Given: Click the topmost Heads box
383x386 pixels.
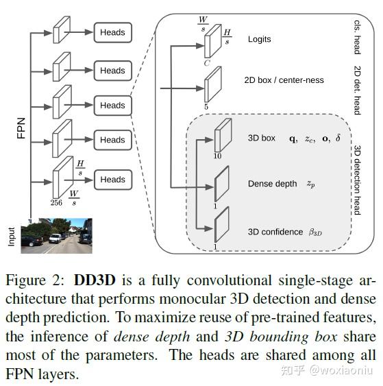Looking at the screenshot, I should click(x=112, y=32).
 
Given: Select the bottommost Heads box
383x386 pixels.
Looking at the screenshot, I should click(x=112, y=180).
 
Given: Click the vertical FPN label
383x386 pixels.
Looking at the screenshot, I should click(x=21, y=125).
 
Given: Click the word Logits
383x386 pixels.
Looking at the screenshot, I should click(x=259, y=39).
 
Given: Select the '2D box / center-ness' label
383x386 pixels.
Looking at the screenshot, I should click(x=284, y=80).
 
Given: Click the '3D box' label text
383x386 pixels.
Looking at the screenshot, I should click(x=261, y=138).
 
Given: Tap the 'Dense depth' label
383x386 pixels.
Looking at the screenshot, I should click(x=272, y=184).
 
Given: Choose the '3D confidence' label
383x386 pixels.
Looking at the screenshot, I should click(x=275, y=232).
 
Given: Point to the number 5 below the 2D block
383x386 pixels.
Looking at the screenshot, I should click(x=206, y=106).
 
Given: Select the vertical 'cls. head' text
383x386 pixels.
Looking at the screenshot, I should click(x=356, y=35).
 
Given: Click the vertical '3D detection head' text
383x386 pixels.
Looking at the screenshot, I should click(x=356, y=180).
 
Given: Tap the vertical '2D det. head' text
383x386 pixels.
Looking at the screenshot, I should click(x=356, y=90).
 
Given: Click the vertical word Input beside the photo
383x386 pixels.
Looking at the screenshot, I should click(x=12, y=237).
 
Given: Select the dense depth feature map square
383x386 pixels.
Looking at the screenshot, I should click(x=221, y=183).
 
